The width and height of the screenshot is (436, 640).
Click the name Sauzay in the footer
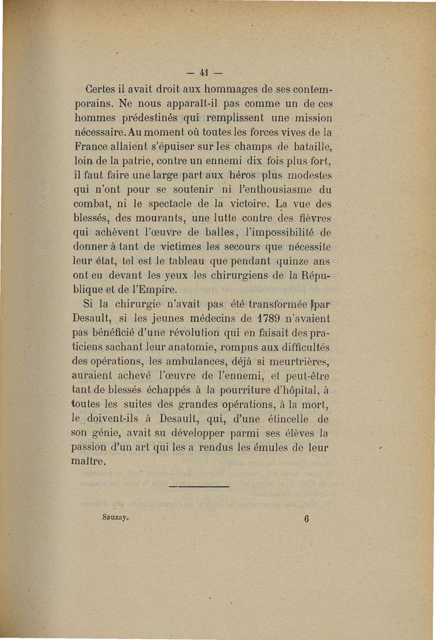tap(115, 518)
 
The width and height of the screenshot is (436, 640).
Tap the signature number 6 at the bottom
tap(306, 519)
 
